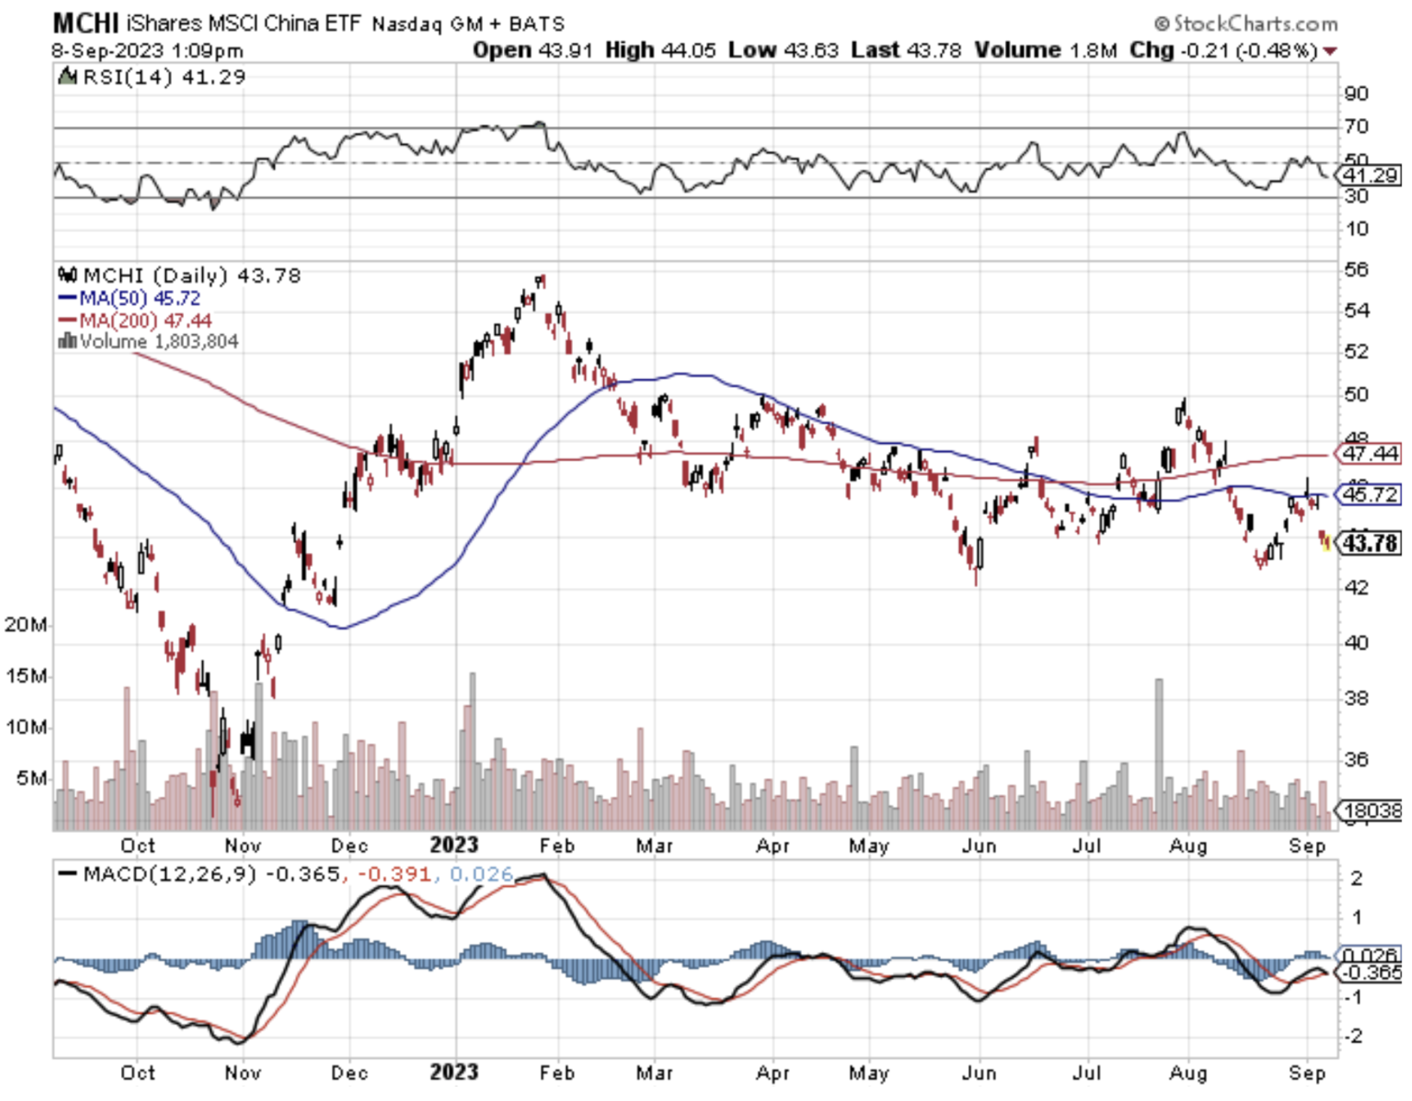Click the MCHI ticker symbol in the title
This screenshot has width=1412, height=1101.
[x=85, y=23]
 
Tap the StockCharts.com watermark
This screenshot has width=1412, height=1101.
[x=1246, y=24]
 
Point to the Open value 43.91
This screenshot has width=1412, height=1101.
[x=563, y=50]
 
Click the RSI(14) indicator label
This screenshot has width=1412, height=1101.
[x=128, y=77]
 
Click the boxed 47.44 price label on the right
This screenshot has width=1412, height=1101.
[x=1370, y=454]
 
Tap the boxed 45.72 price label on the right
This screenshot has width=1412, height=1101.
[x=1370, y=494]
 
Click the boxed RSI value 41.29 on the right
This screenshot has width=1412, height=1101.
[x=1370, y=176]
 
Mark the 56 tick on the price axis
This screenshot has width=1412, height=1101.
[x=1356, y=269]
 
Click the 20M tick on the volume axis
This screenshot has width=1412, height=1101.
[x=26, y=624]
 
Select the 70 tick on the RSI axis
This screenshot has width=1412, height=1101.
[x=1356, y=126]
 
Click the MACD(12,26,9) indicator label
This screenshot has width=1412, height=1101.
[x=170, y=874]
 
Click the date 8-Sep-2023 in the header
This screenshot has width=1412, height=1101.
[x=107, y=50]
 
